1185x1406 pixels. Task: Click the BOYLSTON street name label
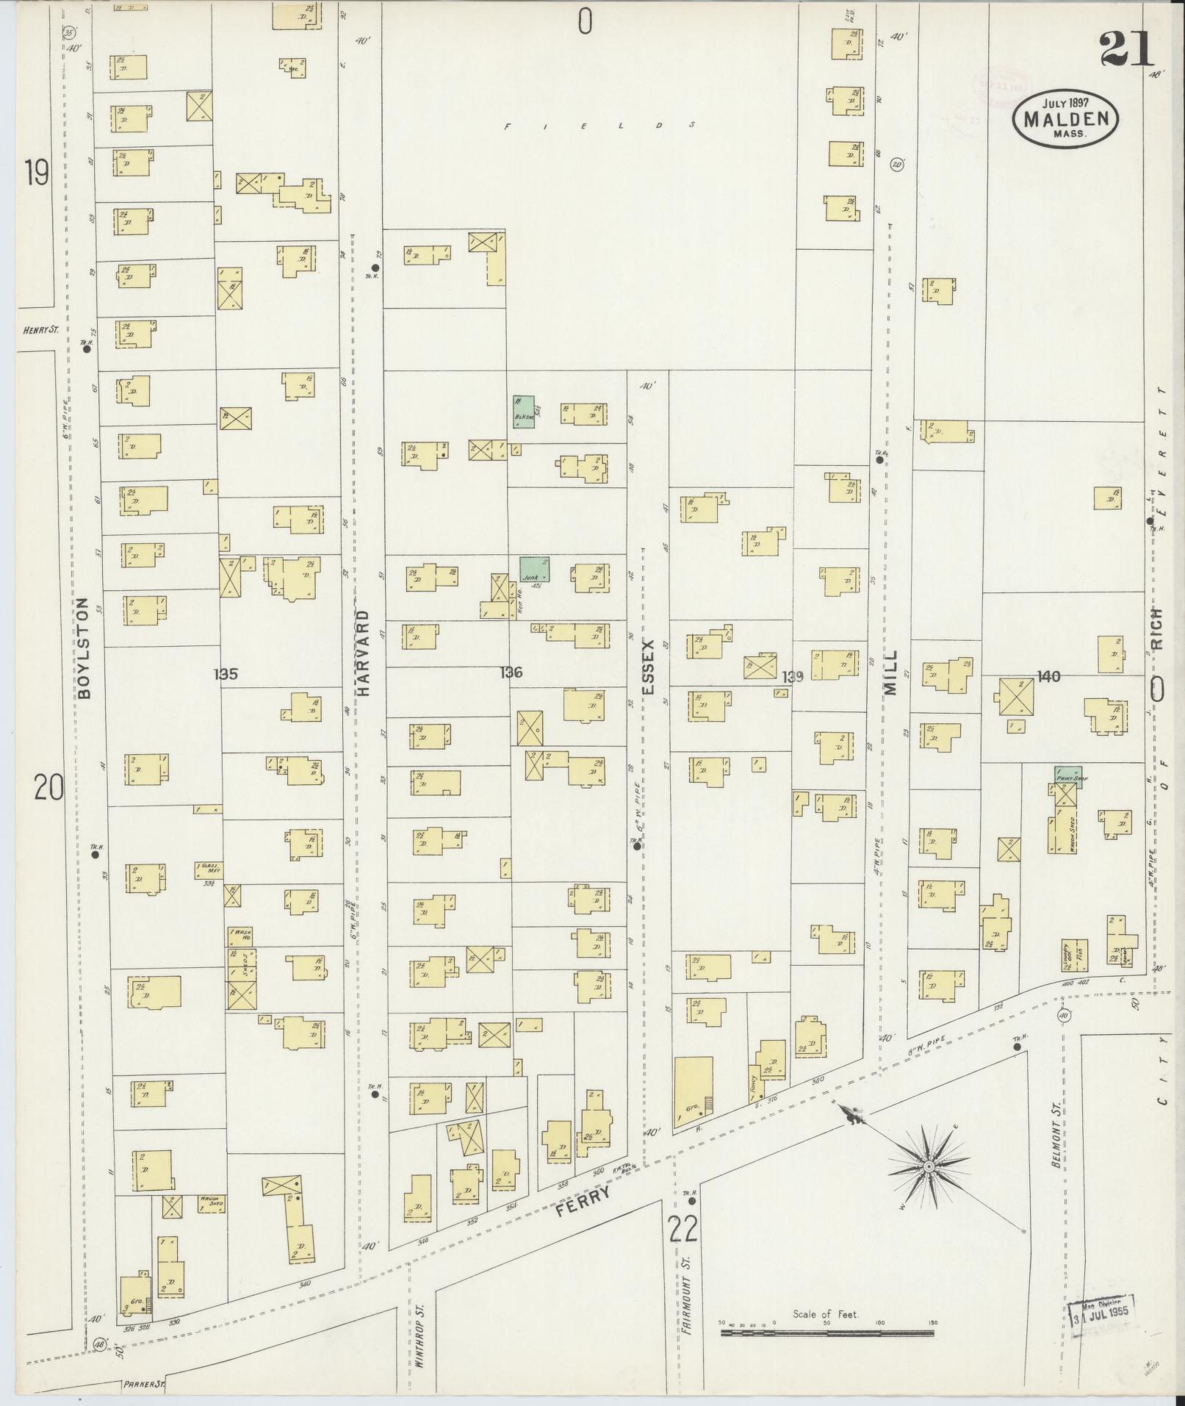(84, 647)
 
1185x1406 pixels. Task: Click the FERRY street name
(583, 1198)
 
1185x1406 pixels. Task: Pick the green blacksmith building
(522, 412)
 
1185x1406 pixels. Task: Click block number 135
(226, 673)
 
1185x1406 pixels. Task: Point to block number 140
(1048, 676)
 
